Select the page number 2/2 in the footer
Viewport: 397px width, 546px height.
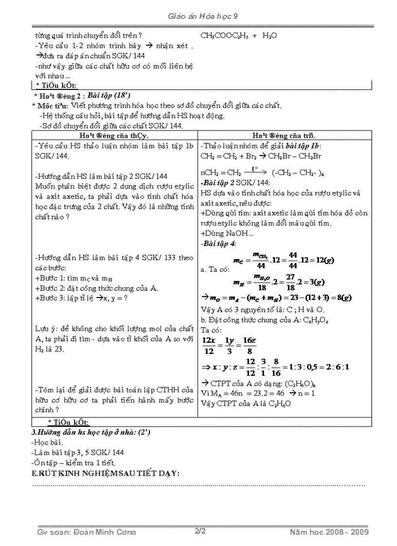[x=200, y=531]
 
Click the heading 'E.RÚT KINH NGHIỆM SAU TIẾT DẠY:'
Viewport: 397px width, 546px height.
[x=106, y=474]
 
